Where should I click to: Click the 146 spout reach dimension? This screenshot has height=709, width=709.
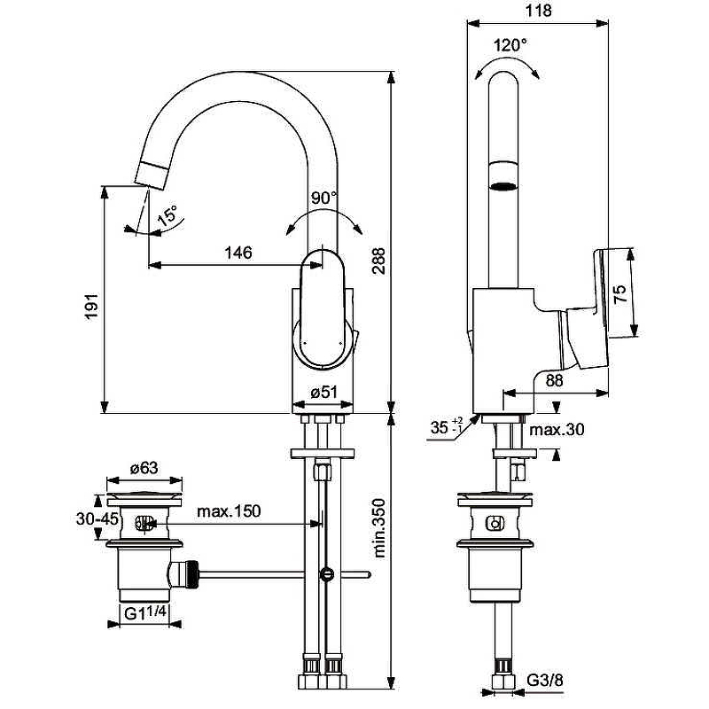(x=238, y=253)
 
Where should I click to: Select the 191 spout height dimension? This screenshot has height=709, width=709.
(x=92, y=304)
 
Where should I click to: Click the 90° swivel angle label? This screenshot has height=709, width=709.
(x=325, y=198)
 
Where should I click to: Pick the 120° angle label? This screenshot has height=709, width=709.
(x=510, y=44)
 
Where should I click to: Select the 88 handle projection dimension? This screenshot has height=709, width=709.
(x=553, y=379)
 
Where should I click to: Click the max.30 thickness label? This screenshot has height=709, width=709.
(x=557, y=431)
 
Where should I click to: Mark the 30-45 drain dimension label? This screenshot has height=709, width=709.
(x=97, y=519)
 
